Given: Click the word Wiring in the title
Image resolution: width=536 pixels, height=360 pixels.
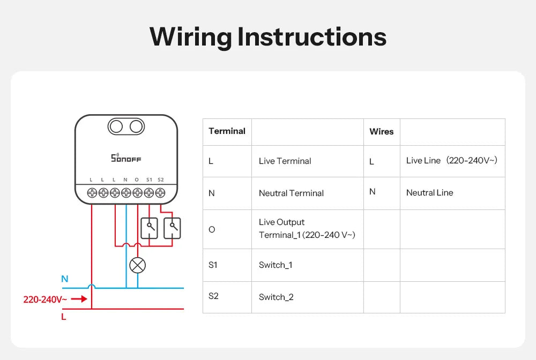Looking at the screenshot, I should pyautogui.click(x=190, y=37).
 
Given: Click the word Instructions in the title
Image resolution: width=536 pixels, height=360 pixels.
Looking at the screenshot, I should pyautogui.click(x=311, y=37).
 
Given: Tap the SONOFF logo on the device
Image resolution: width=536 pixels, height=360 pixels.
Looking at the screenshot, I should pyautogui.click(x=126, y=158).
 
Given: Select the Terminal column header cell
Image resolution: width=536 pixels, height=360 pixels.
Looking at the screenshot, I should pyautogui.click(x=227, y=131).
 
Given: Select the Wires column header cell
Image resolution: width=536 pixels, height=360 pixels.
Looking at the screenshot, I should pyautogui.click(x=382, y=131).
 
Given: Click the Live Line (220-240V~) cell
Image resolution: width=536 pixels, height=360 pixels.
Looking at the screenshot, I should pyautogui.click(x=452, y=160).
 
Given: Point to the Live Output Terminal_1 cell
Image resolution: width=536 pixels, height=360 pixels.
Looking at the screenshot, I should pyautogui.click(x=307, y=229).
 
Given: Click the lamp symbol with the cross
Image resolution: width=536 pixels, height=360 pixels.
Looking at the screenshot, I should pyautogui.click(x=138, y=265).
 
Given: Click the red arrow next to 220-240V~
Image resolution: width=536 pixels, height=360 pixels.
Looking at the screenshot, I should pyautogui.click(x=79, y=299).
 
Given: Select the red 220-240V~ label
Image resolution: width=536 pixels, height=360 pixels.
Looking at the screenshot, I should pyautogui.click(x=45, y=299).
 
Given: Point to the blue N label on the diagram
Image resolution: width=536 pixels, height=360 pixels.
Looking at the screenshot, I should pyautogui.click(x=65, y=279).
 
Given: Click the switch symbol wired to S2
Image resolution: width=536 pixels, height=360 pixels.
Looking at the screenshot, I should pyautogui.click(x=172, y=228).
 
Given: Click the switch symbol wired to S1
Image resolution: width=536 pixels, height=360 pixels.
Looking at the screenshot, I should pyautogui.click(x=149, y=228).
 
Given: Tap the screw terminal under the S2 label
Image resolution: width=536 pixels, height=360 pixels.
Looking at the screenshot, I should pyautogui.click(x=160, y=192).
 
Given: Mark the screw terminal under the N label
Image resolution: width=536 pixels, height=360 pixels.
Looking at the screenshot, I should pyautogui.click(x=126, y=192).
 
